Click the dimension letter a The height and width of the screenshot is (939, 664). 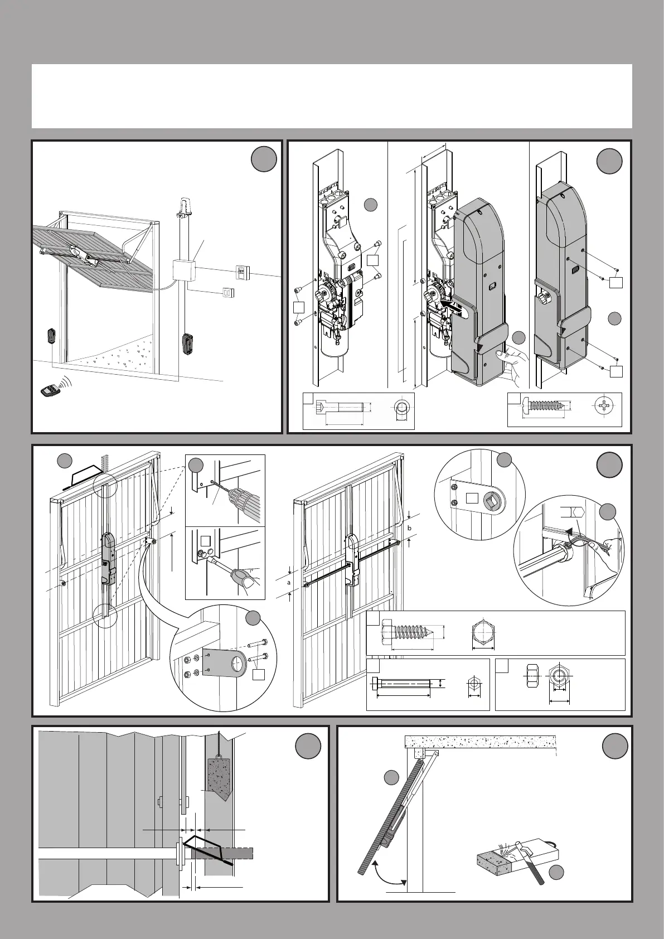[x=288, y=582]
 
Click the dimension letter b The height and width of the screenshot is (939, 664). [x=409, y=527]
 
